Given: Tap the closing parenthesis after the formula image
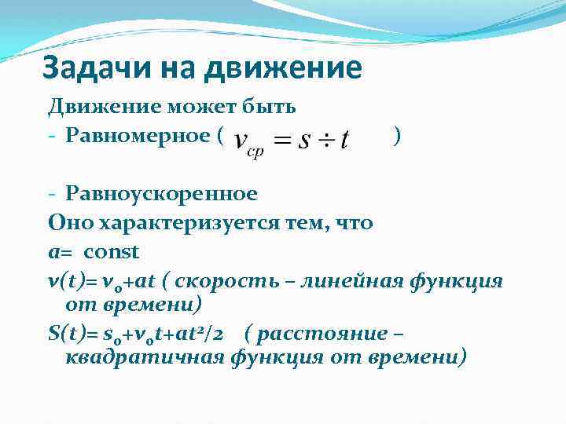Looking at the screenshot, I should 400,136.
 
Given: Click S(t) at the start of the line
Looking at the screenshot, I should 65,332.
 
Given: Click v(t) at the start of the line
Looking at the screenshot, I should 64,281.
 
